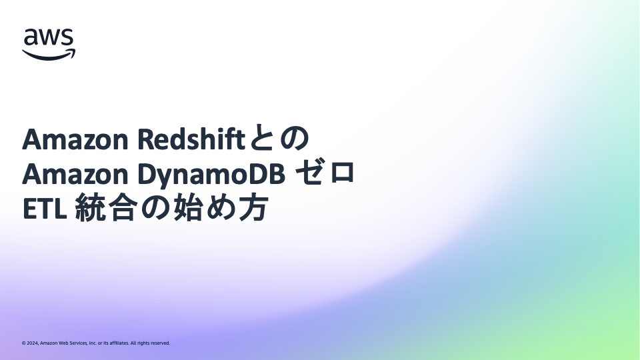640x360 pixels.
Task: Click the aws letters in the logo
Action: (49, 37)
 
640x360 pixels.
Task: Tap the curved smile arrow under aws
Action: (49, 55)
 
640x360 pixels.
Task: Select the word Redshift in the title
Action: (191, 139)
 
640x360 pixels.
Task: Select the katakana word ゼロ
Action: (325, 173)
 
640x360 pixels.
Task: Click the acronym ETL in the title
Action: (44, 209)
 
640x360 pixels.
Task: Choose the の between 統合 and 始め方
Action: (154, 208)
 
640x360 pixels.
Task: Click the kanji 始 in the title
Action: (187, 208)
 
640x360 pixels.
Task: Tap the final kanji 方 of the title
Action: (253, 208)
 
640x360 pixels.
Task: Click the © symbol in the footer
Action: (24, 343)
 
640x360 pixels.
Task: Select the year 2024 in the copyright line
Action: (33, 343)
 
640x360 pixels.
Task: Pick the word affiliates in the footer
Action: (119, 343)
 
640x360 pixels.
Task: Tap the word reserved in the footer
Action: (161, 343)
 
